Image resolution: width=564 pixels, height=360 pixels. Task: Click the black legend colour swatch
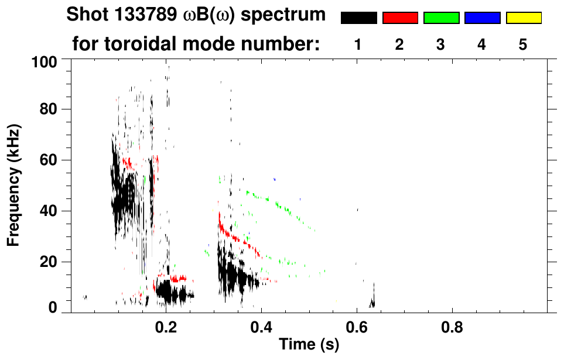pyautogui.click(x=358, y=18)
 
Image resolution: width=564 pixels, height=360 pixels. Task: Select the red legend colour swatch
pyautogui.click(x=400, y=18)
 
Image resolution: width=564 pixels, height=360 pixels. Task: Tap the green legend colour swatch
pyautogui.click(x=441, y=18)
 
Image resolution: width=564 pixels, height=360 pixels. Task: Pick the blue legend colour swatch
pyautogui.click(x=482, y=18)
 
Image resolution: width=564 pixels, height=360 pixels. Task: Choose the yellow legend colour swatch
pyautogui.click(x=524, y=18)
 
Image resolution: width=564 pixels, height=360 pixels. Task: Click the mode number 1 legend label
pyautogui.click(x=358, y=45)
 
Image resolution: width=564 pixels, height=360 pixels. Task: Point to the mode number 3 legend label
pyautogui.click(x=440, y=45)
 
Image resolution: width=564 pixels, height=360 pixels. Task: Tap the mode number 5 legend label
pyautogui.click(x=523, y=45)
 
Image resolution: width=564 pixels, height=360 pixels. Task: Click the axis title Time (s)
pyautogui.click(x=309, y=345)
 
